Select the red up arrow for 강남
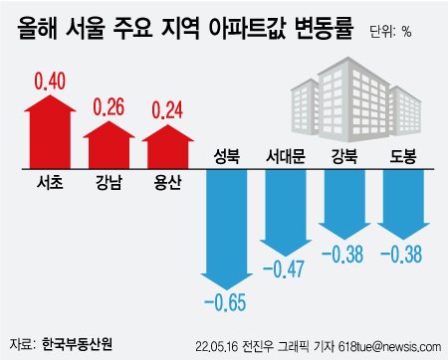click(110, 143)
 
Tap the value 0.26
click(110, 105)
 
